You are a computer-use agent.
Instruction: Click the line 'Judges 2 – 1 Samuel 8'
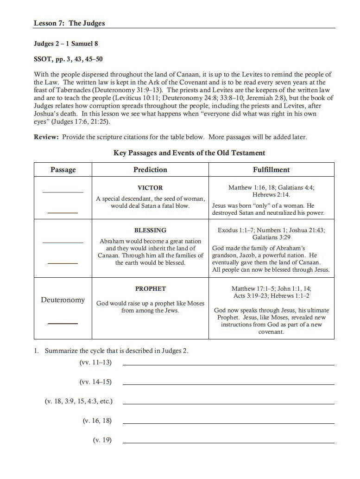[x=66, y=44]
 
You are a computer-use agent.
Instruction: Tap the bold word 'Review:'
[x=47, y=137]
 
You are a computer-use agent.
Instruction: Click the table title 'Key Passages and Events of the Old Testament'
[x=189, y=153]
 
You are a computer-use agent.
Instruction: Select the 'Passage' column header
[x=63, y=170]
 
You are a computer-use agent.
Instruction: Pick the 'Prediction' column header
[x=150, y=170]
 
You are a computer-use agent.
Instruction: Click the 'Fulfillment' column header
[x=271, y=170]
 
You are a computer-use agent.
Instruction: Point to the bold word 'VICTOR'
[x=150, y=188]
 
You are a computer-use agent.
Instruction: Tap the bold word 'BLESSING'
[x=150, y=230]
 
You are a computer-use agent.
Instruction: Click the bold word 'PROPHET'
[x=150, y=288]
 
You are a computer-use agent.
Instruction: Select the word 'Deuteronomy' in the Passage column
[x=63, y=300]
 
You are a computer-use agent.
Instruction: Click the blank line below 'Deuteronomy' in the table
[x=63, y=323]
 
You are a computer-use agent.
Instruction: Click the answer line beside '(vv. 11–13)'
[x=228, y=364]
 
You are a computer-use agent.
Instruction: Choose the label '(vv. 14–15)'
[x=95, y=382]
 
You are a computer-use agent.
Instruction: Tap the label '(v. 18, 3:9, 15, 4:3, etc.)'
[x=78, y=401]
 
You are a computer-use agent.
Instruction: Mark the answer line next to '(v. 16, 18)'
[x=228, y=423]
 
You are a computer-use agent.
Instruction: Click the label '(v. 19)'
[x=102, y=440]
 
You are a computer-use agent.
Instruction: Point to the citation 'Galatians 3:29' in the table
[x=271, y=237]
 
